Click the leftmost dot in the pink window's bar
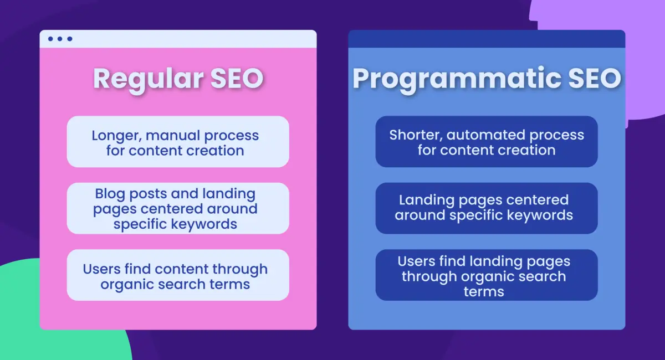(x=50, y=39)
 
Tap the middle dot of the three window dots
(x=60, y=39)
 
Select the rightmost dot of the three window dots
(x=69, y=39)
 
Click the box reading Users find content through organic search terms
(x=178, y=275)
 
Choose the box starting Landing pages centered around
(x=486, y=208)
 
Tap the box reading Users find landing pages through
(x=486, y=275)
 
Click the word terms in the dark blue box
(x=484, y=292)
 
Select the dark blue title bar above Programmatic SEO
(x=486, y=39)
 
